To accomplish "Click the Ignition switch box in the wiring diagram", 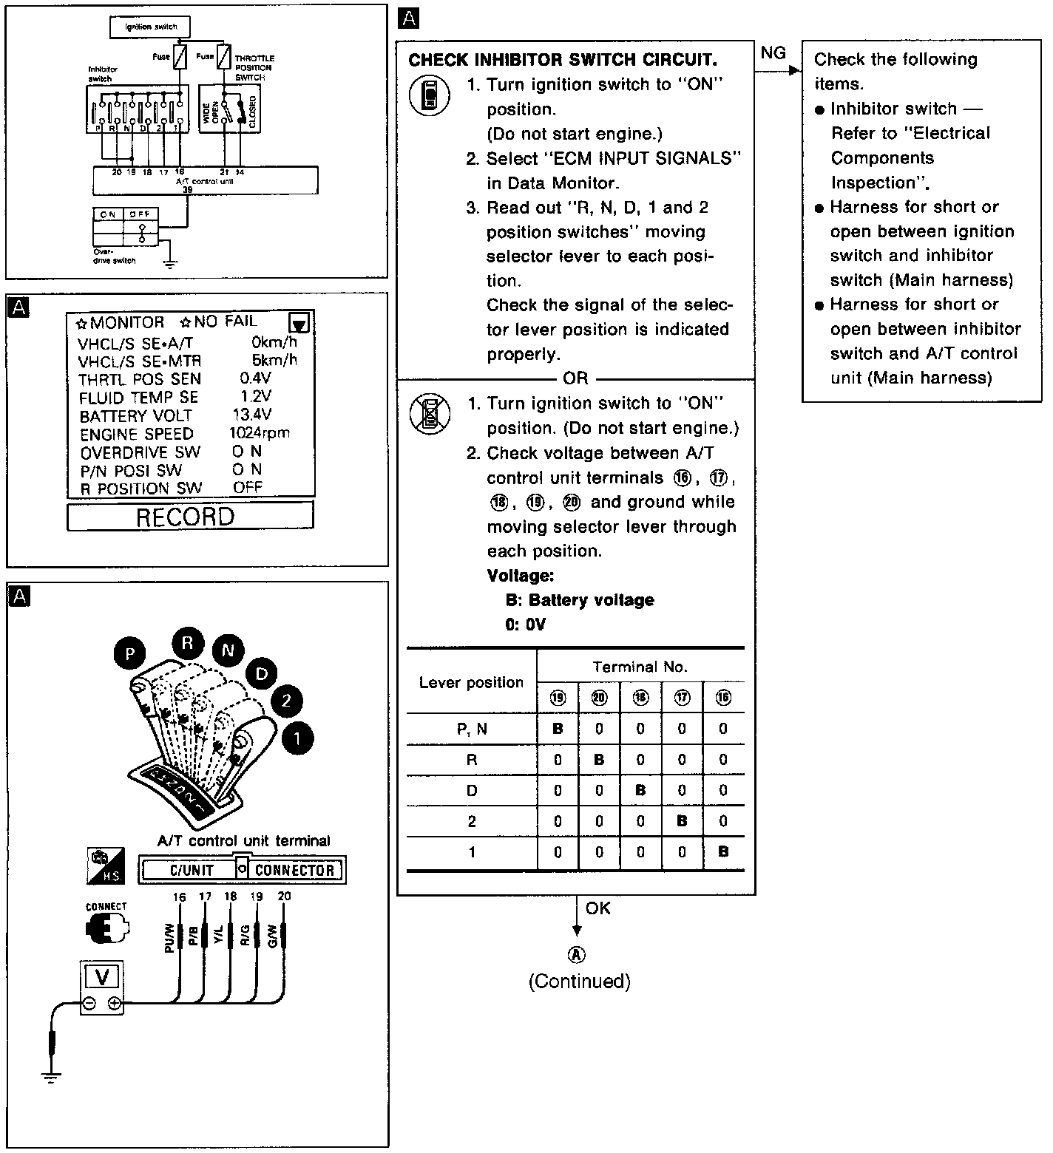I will pos(150,27).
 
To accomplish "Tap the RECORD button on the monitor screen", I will pos(190,516).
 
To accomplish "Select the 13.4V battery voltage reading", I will pos(251,415).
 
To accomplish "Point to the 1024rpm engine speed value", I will pos(259,433).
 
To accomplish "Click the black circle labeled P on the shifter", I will pos(130,653).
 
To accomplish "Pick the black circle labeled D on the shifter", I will pos(261,673).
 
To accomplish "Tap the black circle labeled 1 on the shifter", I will pos(297,738).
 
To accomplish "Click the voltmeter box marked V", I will pos(102,977).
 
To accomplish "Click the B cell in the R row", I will pos(599,759).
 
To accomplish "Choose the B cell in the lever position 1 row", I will pos(723,852).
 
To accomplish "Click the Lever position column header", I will pos(471,682).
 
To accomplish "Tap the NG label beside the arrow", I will pos(773,52).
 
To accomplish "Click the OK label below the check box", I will pos(597,908).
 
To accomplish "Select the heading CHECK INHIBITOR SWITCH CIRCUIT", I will pos(562,60).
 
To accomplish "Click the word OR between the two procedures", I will pos(575,378).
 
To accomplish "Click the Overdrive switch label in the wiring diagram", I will pos(115,256).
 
